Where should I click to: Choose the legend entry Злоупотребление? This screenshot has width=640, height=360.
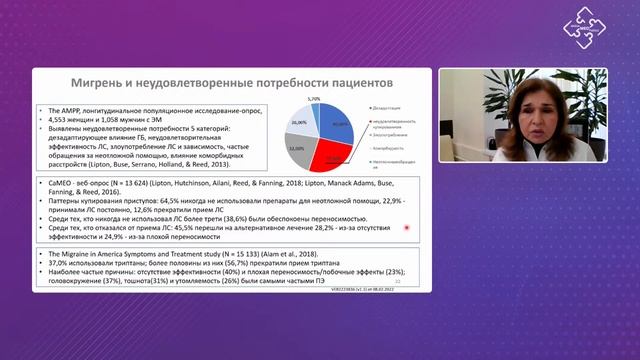click(x=393, y=132)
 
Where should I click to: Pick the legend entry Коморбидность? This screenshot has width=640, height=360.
click(x=391, y=146)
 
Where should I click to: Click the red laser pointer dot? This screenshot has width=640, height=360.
click(x=408, y=229)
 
